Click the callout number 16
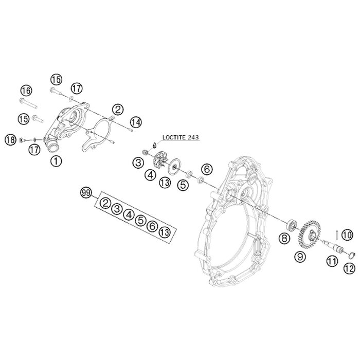coord(26,91)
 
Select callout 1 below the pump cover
coord(55,160)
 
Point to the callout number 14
coord(135,122)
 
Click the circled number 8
coord(283,238)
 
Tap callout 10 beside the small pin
coord(348,235)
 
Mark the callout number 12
coord(348,267)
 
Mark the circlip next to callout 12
coord(352,254)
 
